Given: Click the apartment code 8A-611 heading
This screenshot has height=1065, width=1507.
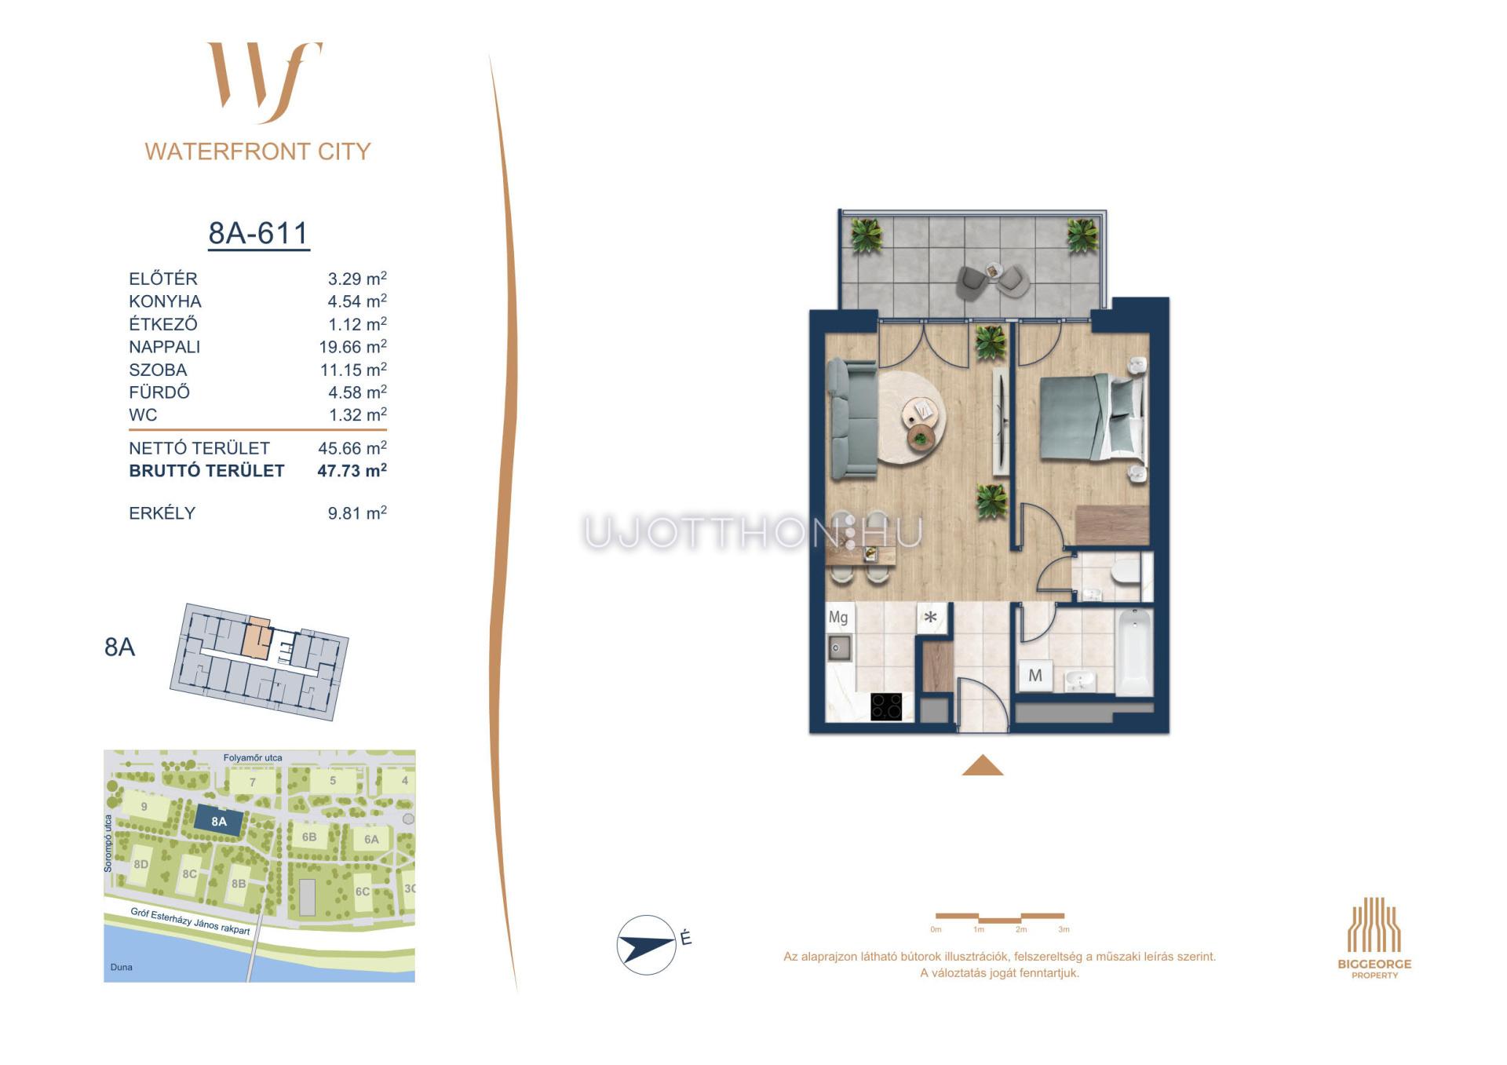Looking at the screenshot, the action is [x=258, y=233].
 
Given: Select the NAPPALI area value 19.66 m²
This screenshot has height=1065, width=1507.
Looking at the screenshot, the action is [x=353, y=347].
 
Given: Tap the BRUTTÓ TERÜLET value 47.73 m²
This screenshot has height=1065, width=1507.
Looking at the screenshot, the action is [x=352, y=471].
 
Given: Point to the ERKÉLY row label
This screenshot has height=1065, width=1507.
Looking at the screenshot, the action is [x=162, y=513].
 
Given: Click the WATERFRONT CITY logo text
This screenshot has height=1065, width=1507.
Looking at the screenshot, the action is [x=257, y=151].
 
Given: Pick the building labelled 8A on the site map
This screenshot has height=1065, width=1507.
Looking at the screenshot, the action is [x=218, y=822].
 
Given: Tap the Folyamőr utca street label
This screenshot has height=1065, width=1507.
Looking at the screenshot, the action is [x=253, y=758].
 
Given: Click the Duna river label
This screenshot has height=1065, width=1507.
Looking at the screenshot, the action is [x=122, y=967].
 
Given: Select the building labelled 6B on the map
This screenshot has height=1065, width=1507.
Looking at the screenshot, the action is [x=309, y=837].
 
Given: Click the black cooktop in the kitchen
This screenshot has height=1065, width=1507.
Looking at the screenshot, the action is [x=887, y=706].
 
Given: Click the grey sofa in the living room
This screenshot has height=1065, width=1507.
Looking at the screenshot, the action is [x=852, y=418].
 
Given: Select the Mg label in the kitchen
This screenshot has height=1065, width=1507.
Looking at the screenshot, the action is [x=838, y=618].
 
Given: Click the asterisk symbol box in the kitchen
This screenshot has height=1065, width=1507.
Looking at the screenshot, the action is [x=931, y=618].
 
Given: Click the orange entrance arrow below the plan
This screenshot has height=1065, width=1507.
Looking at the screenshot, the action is [x=983, y=765].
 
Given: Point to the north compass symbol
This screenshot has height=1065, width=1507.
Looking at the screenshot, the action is [x=647, y=945].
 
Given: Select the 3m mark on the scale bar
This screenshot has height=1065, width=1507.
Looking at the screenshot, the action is [x=1064, y=929].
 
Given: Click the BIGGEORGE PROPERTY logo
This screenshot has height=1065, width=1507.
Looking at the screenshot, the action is [x=1374, y=938].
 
